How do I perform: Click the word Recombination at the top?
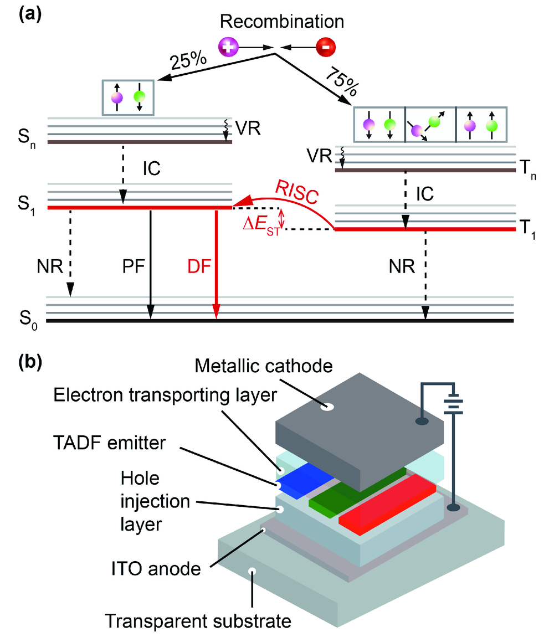(281, 22)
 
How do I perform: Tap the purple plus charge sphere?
(228, 47)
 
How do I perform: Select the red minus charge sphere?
(325, 47)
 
